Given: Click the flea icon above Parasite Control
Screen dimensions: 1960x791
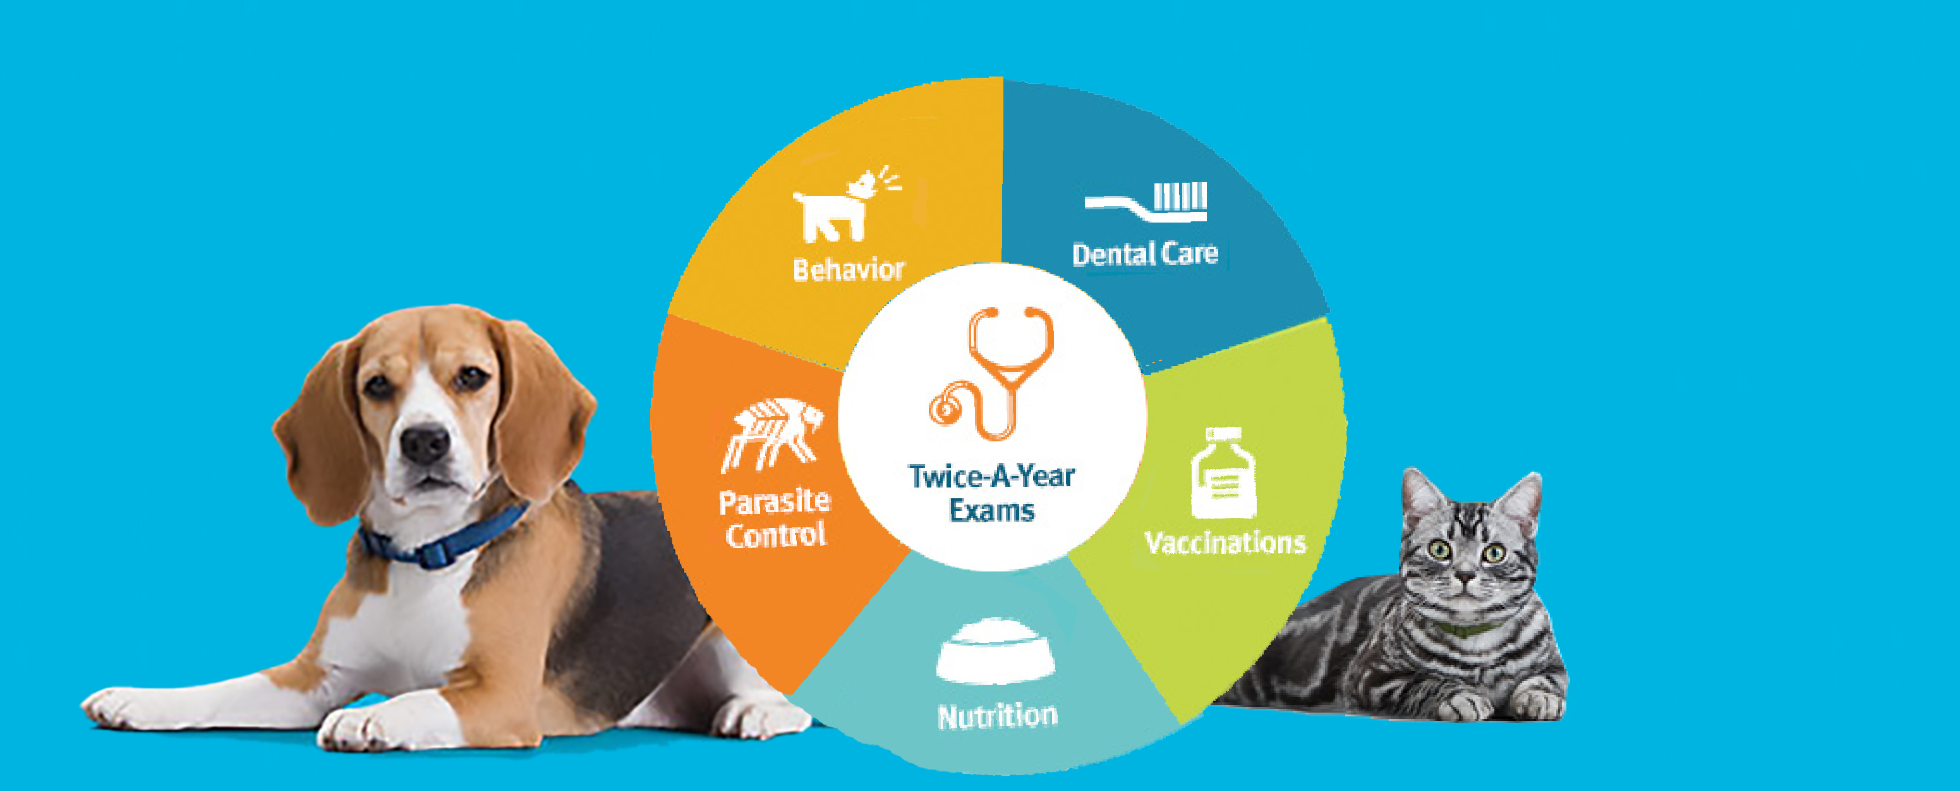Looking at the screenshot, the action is tap(771, 434).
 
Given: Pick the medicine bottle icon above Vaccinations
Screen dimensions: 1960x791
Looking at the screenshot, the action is tap(1223, 473).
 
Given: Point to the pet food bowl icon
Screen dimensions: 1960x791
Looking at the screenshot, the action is tap(995, 651).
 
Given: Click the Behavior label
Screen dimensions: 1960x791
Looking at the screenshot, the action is tap(849, 269).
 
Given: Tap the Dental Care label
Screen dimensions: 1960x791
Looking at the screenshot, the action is tap(1145, 254).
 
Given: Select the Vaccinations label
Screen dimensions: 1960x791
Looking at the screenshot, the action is tap(1225, 543).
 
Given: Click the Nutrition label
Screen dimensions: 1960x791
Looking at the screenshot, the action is tap(998, 716).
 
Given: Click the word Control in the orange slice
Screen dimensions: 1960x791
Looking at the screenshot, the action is tap(775, 534).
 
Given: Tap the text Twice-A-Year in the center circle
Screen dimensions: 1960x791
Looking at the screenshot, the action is tap(991, 477).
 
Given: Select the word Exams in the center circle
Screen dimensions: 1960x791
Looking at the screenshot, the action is tap(991, 510).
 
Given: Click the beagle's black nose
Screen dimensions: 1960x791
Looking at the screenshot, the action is tap(425, 443).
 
